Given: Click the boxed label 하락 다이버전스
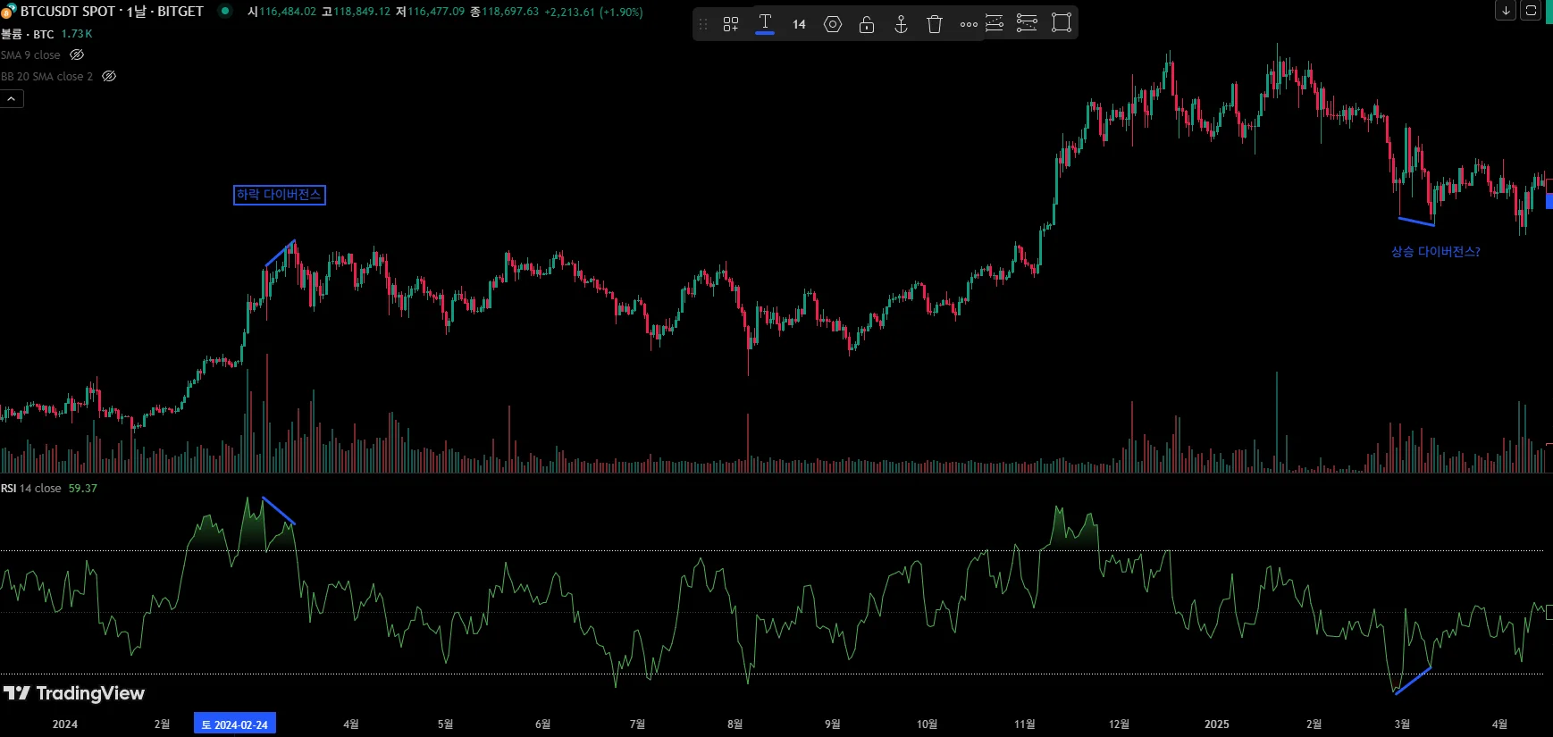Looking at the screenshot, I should (279, 195).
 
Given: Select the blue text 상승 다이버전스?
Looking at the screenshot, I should (1435, 252).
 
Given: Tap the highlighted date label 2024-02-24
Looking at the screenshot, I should (235, 724).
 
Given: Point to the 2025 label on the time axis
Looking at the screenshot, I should (1216, 724).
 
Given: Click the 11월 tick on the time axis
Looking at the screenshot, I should (1025, 724).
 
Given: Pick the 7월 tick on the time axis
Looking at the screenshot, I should (637, 724).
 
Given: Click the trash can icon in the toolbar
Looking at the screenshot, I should (935, 24).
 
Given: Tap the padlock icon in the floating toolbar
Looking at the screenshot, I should (867, 24).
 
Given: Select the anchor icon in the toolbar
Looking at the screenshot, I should (901, 24).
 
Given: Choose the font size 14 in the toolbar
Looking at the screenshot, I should (799, 24).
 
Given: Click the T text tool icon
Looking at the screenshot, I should (765, 22).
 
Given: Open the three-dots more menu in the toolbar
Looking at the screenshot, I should (969, 24).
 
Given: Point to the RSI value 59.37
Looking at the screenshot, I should (82, 489).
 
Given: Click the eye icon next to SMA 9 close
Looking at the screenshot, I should (77, 55).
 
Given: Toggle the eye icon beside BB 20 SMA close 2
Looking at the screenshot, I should (109, 77).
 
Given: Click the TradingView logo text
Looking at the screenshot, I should (89, 693).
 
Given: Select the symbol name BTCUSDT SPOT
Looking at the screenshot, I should (68, 12).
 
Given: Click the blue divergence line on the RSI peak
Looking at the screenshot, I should (279, 510).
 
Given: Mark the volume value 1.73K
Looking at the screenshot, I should (77, 34).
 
